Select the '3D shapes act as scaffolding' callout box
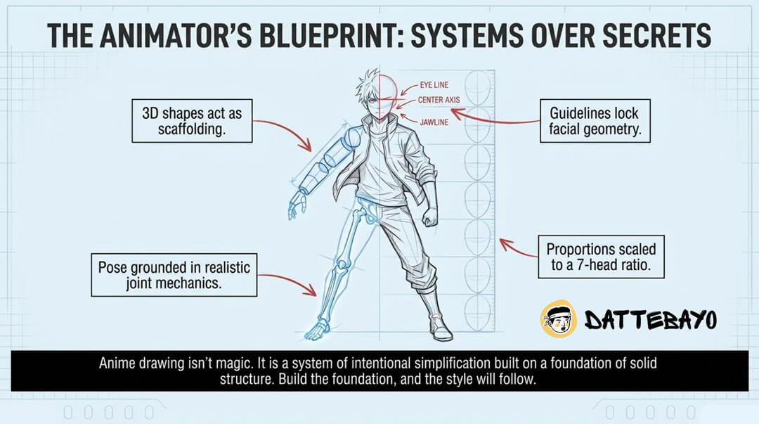[192, 120]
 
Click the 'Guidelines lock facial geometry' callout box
[594, 120]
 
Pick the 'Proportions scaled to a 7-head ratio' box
[601, 257]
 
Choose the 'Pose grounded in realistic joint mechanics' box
[174, 275]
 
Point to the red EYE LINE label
[434, 85]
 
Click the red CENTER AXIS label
[439, 100]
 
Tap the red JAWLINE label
[434, 122]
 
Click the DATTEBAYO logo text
[650, 321]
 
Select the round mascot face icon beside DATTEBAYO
[557, 320]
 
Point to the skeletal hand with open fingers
[298, 205]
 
